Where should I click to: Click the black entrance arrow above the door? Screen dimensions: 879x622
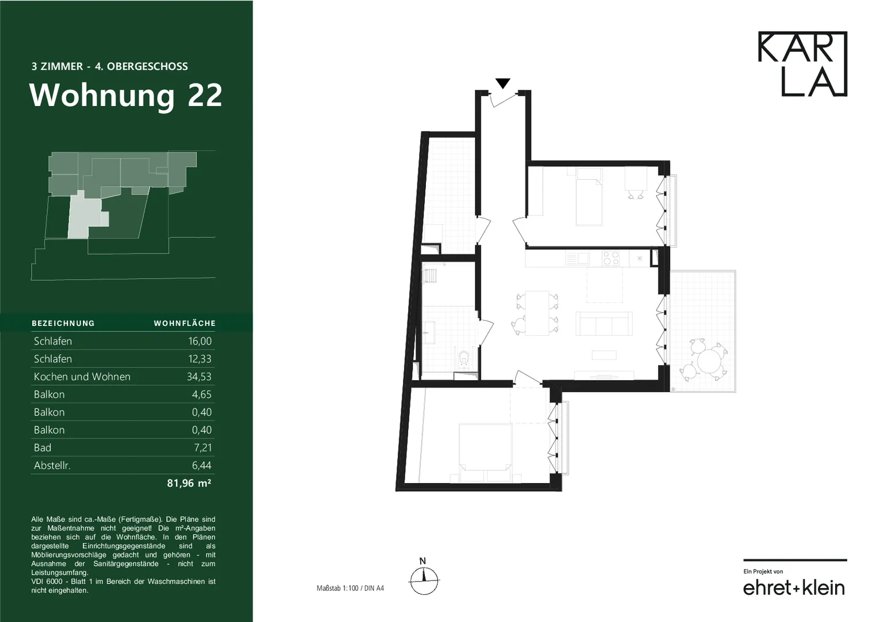point(503,84)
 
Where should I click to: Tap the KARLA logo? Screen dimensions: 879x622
point(802,63)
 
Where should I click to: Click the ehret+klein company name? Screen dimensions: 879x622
point(794,588)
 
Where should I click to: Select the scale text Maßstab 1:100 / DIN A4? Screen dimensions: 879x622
point(350,588)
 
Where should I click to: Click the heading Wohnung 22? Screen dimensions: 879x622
point(125,95)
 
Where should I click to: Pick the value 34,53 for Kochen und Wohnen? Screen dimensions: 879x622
point(199,377)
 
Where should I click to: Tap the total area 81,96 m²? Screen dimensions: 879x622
point(189,483)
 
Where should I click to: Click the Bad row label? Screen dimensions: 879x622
point(43,447)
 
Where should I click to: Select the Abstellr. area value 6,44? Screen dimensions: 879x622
point(201,465)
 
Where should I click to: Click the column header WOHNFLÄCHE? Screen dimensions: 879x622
point(185,323)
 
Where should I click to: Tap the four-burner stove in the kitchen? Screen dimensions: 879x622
point(611,259)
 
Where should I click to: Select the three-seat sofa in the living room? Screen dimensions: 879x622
point(604,324)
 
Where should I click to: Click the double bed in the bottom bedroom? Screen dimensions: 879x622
point(486,452)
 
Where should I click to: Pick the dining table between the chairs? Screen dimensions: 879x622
point(537,313)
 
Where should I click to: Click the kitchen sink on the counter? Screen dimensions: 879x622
point(577,259)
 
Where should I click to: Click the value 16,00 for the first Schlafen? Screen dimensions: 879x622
point(200,341)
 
